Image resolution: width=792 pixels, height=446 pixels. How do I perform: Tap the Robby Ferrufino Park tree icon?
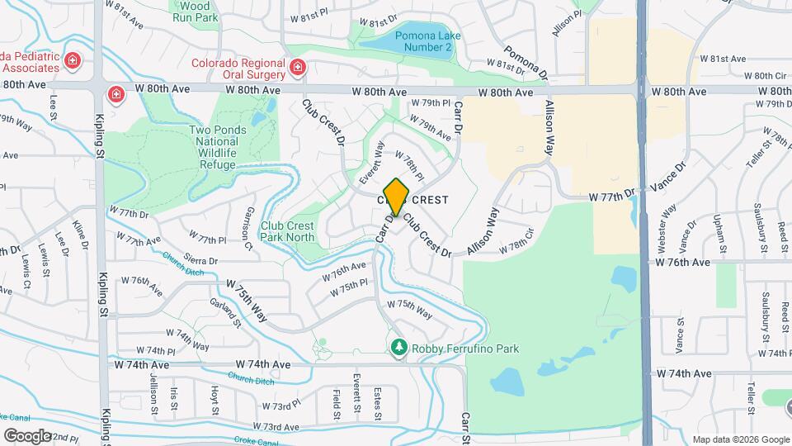(x=399, y=349)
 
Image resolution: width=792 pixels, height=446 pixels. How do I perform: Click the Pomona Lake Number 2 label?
(x=423, y=41)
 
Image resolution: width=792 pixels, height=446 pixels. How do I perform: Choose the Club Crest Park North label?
(x=288, y=230)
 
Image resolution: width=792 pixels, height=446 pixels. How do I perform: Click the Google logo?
(x=28, y=435)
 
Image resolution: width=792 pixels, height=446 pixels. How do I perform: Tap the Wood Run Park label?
(x=195, y=11)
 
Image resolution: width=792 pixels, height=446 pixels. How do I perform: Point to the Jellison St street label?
(x=153, y=384)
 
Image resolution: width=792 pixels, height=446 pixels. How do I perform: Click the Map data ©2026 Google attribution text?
(x=740, y=439)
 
